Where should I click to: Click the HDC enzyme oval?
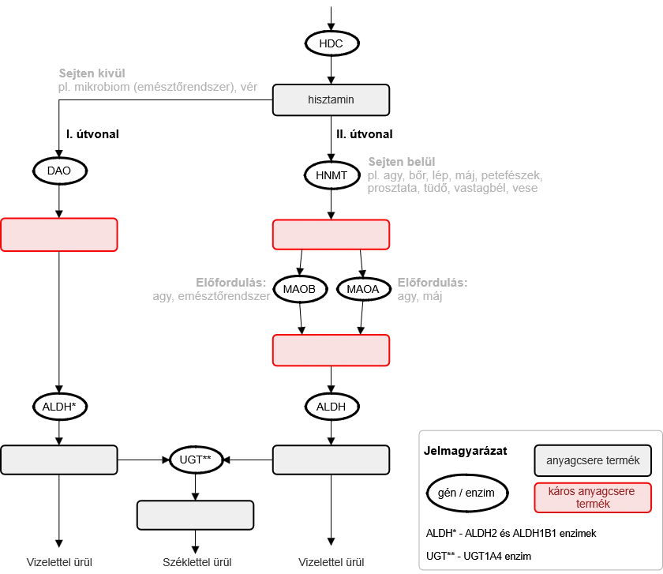tap(331, 43)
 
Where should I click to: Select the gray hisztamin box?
tap(331, 100)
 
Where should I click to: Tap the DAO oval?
tap(59, 171)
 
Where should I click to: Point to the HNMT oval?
tap(331, 175)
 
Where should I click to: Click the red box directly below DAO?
tap(59, 234)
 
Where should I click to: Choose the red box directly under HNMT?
tap(331, 234)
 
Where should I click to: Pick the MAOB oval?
tap(300, 289)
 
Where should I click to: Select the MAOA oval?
tap(363, 289)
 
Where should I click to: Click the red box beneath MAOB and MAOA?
tap(331, 350)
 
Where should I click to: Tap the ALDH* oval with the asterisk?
tap(59, 407)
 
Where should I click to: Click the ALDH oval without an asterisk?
tap(331, 407)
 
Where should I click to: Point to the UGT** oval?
tap(196, 460)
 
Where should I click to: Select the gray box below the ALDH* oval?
tap(59, 460)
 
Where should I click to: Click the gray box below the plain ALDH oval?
tap(331, 460)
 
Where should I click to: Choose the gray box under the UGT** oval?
tap(196, 515)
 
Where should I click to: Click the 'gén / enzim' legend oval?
tap(466, 493)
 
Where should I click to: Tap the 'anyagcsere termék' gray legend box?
tap(593, 460)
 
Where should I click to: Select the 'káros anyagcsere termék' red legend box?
tap(593, 497)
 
